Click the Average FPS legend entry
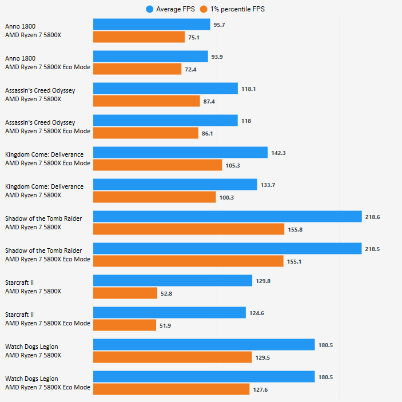(173, 9)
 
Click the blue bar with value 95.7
(152, 25)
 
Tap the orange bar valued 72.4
(137, 69)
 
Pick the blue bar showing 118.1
(165, 89)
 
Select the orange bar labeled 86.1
(145, 133)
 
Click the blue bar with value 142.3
(180, 153)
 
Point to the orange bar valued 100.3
(154, 197)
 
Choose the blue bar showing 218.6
(228, 217)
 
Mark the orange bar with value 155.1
(188, 261)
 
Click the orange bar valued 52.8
(125, 293)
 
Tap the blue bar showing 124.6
(169, 313)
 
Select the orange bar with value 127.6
(172, 389)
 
